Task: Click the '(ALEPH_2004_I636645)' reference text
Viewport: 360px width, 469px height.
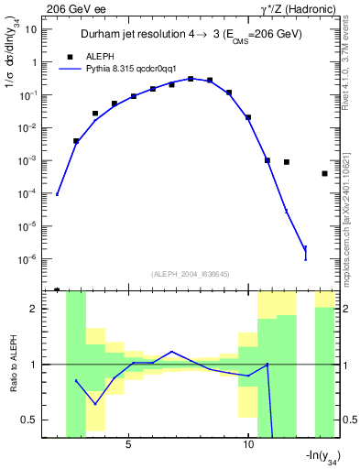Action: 190,274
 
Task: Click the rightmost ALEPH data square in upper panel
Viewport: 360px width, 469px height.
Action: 324,173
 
